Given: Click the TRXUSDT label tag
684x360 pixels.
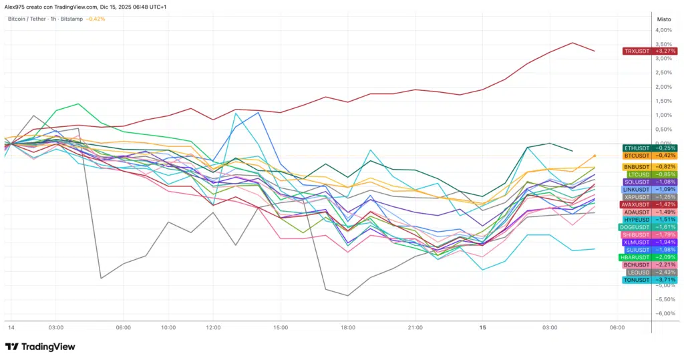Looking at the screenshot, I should click(637, 51).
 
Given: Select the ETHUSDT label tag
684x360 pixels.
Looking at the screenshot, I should click(637, 148).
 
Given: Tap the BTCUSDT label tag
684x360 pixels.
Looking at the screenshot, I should click(637, 156).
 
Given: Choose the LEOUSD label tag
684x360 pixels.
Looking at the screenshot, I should click(637, 272).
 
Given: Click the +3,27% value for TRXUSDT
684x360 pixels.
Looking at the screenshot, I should click(665, 51).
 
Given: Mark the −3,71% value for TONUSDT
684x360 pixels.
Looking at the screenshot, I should click(665, 280).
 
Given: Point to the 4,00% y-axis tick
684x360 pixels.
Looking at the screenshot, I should click(665, 31).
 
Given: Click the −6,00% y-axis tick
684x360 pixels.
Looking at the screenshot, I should click(665, 314).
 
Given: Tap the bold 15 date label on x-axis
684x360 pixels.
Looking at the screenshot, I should click(482, 328).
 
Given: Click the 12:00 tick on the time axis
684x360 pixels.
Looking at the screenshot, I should click(213, 328).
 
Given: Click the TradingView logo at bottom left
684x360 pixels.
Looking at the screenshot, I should click(40, 347).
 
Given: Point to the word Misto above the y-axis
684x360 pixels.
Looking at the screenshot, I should click(665, 19).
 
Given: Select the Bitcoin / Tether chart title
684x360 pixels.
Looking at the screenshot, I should click(27, 19).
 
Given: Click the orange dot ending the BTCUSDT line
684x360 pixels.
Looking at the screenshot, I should click(594, 156).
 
